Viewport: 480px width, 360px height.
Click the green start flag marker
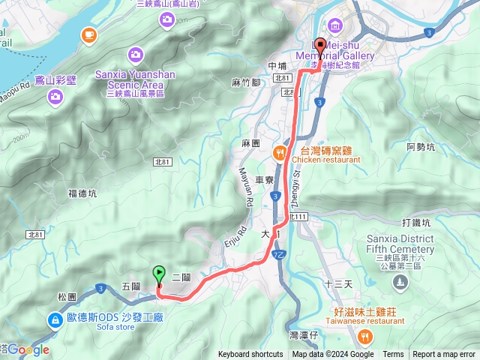pos(159,274)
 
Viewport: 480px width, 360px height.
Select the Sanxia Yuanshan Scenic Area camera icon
pos(136,54)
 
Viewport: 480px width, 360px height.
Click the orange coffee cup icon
pos(89,34)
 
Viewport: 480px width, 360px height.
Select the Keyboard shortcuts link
pos(250,355)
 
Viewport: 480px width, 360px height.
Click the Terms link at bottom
pos(393,355)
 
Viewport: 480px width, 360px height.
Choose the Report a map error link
pos(444,355)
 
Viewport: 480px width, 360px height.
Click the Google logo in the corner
pos(28,349)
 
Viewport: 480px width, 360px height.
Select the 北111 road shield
pos(298,217)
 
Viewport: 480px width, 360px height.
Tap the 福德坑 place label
pos(82,193)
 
